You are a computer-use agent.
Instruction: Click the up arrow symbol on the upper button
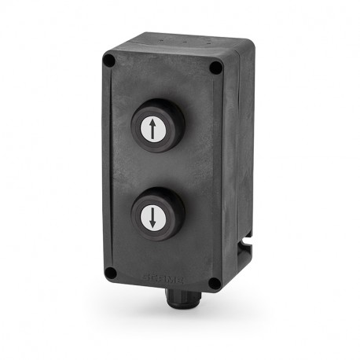point(152,128)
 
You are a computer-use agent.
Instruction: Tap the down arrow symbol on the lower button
point(152,215)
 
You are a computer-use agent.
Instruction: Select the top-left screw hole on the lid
point(110,61)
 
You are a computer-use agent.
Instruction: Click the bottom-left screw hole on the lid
point(110,273)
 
